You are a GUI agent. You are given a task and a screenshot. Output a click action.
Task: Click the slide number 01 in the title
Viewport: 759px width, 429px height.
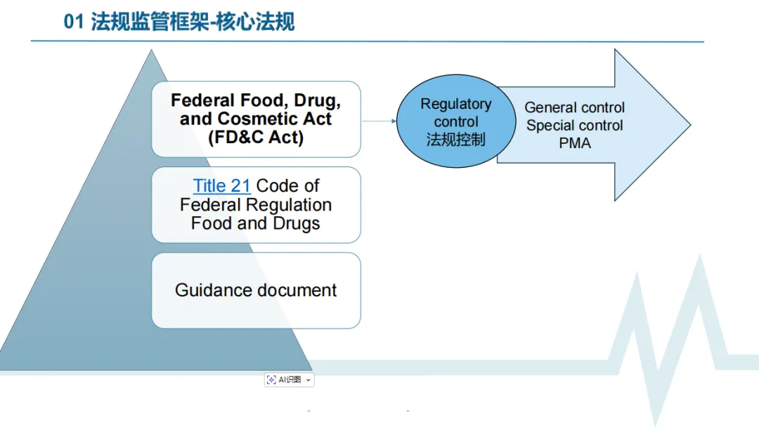73,22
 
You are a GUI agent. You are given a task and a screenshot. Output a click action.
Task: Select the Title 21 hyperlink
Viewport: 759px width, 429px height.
221,186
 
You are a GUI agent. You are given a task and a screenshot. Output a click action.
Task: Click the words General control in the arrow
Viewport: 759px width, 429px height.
574,108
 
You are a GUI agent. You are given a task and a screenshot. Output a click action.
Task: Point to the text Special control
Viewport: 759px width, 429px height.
574,126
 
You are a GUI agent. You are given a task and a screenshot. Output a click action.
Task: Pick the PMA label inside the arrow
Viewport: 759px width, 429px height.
575,143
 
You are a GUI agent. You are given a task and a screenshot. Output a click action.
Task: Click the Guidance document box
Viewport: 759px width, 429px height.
256,291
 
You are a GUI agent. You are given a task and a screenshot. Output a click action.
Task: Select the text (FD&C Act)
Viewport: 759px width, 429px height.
256,138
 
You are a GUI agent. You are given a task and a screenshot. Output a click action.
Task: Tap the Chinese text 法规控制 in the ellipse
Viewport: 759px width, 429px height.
455,139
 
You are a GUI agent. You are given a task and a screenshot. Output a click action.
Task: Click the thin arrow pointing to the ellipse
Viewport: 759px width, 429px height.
379,121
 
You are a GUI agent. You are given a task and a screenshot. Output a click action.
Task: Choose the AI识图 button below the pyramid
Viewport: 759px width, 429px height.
289,380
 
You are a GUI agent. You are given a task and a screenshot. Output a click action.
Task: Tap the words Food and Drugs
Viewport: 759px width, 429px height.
256,224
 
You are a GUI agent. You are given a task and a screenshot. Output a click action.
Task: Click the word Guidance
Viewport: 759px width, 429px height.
208,291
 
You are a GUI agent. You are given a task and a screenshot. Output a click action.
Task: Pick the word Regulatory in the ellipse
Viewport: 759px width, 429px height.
455,104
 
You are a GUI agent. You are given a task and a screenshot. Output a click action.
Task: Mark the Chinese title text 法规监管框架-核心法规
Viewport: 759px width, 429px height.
193,22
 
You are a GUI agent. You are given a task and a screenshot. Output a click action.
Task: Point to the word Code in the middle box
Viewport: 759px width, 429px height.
287,186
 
